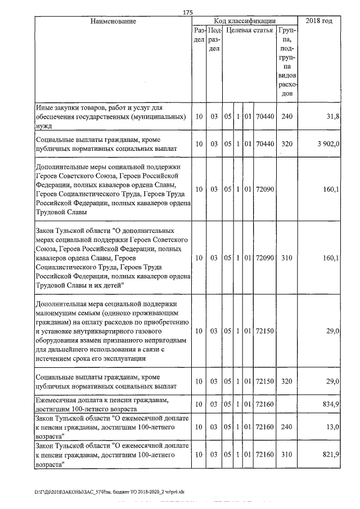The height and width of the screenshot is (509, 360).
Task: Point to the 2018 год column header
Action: tap(318, 21)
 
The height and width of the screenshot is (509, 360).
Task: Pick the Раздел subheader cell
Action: tap(199, 35)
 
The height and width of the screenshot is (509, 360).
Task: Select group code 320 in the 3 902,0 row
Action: tap(287, 144)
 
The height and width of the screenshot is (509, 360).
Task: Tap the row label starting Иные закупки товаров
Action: tap(110, 117)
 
